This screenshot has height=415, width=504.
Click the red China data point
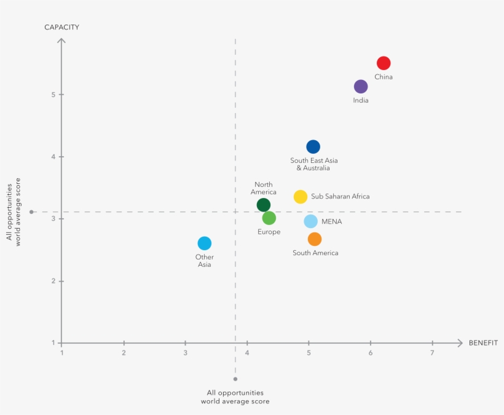(x=384, y=63)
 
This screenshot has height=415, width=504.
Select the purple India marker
(x=361, y=87)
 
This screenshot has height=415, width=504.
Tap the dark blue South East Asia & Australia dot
(x=313, y=146)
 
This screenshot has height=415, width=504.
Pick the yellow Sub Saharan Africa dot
(x=300, y=197)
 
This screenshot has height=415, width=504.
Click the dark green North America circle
(x=263, y=205)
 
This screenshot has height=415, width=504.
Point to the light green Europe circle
(x=269, y=218)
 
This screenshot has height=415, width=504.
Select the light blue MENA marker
(x=310, y=221)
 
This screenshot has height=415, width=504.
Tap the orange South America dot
(x=315, y=239)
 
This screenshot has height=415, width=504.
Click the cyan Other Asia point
(x=205, y=243)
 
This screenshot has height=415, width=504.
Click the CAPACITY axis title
(x=61, y=27)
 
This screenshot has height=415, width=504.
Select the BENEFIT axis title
(x=483, y=342)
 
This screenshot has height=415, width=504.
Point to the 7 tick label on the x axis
(x=432, y=353)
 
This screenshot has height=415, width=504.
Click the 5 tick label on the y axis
(x=53, y=95)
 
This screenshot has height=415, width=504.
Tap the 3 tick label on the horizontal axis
(x=186, y=353)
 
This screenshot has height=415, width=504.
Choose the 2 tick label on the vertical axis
(x=53, y=281)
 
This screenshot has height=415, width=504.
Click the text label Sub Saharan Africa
(x=341, y=197)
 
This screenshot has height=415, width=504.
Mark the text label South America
(x=315, y=253)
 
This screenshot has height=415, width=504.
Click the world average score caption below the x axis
(x=235, y=397)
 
